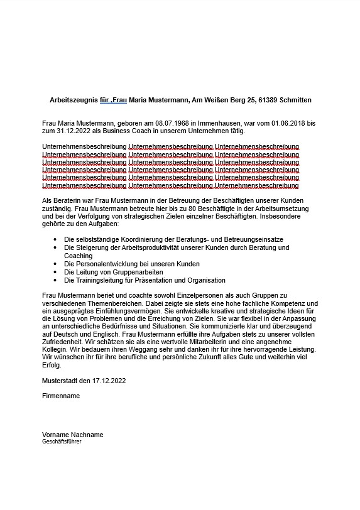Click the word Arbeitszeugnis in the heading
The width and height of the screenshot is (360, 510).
tap(73, 100)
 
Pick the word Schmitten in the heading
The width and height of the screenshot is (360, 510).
tap(295, 100)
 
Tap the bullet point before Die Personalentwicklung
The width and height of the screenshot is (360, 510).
tap(56, 264)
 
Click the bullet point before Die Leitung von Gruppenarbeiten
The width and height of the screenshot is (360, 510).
tap(56, 273)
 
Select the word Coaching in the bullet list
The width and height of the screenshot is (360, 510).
tap(78, 256)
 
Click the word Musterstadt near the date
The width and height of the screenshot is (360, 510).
tap(62, 381)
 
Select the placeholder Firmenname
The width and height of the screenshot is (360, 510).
tap(61, 396)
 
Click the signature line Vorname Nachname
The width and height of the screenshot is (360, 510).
tap(72, 435)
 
